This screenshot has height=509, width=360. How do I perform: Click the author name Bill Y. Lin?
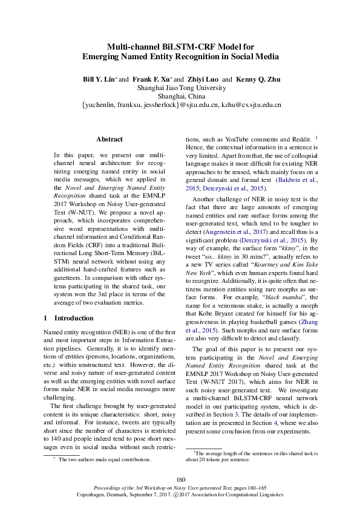click(99, 79)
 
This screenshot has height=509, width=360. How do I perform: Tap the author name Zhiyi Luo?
click(204, 79)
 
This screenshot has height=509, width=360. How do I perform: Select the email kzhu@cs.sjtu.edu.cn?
click(250, 105)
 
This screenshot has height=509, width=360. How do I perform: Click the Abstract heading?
click(110, 139)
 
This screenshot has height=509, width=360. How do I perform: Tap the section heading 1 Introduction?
click(68, 318)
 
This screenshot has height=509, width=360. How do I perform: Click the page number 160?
click(180, 479)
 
